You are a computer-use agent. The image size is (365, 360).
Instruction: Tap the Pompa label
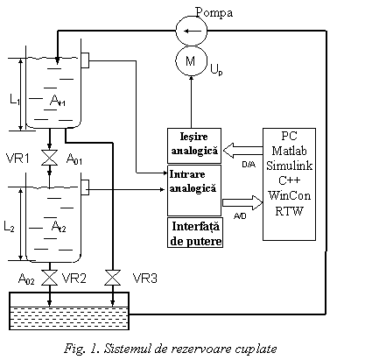tap(214, 13)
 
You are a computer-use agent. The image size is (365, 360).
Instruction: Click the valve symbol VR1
tap(49, 158)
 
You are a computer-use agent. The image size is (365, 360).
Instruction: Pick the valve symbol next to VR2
tap(49, 278)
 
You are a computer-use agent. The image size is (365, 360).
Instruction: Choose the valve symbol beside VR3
tap(113, 278)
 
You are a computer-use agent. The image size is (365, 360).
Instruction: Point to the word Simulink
tap(289, 166)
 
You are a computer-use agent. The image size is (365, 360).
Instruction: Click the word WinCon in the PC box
tap(289, 195)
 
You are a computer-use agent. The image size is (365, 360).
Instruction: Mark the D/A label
tap(249, 165)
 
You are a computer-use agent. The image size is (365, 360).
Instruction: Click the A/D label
tap(240, 216)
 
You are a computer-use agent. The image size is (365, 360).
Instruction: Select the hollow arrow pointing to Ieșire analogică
tap(242, 151)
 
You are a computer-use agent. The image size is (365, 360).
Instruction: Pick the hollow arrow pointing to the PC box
tap(242, 202)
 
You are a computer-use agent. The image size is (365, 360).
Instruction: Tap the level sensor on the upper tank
tap(85, 60)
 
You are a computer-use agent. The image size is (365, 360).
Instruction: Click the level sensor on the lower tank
tap(85, 187)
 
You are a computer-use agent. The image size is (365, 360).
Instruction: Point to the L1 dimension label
tap(15, 100)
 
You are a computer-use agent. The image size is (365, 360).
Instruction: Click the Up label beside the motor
tap(216, 69)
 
